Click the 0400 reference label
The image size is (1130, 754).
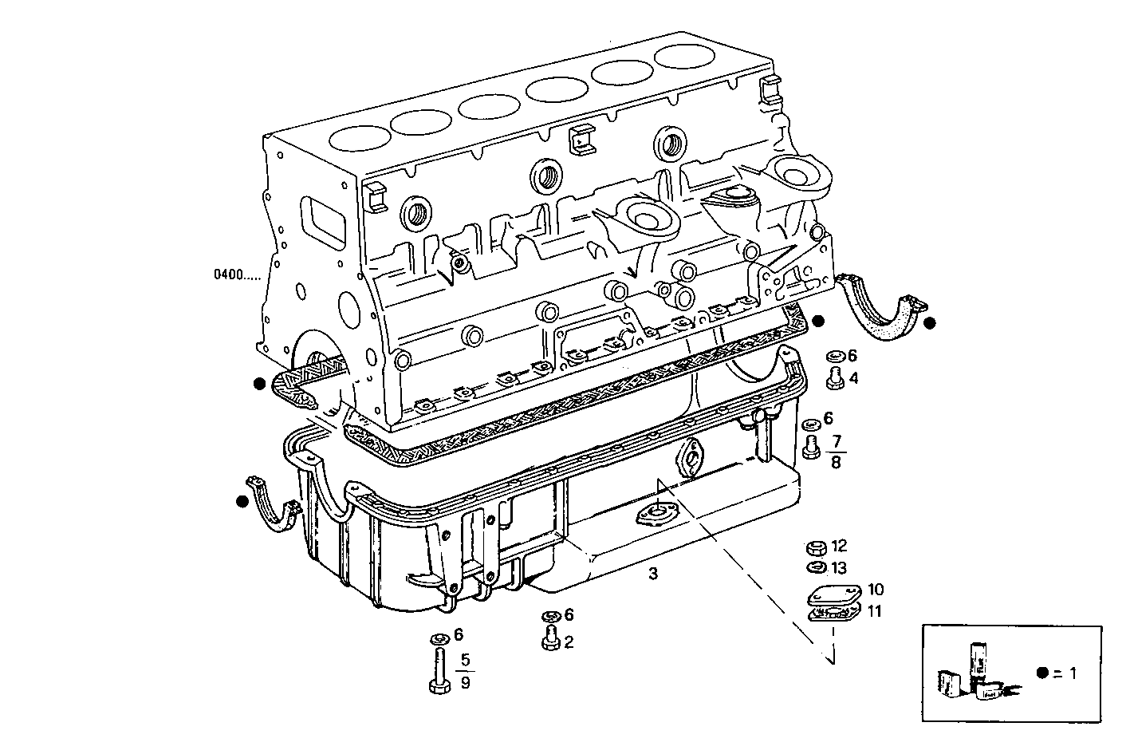[x=228, y=275]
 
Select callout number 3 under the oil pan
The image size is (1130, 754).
[x=653, y=573]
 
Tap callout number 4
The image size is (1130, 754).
[x=853, y=378]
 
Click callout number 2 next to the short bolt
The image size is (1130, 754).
[x=569, y=641]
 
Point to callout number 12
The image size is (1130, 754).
[x=838, y=547]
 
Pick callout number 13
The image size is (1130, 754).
[x=838, y=568]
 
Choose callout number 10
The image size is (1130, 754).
[x=876, y=590]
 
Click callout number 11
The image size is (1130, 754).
[x=875, y=612]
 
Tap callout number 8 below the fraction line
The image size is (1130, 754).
[x=836, y=462]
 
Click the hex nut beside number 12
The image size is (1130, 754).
[x=815, y=547]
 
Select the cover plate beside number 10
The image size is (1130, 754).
[x=833, y=594]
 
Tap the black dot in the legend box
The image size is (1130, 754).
[x=1041, y=673]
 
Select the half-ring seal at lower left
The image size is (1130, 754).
[x=273, y=503]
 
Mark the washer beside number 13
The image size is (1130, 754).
[x=816, y=568]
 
